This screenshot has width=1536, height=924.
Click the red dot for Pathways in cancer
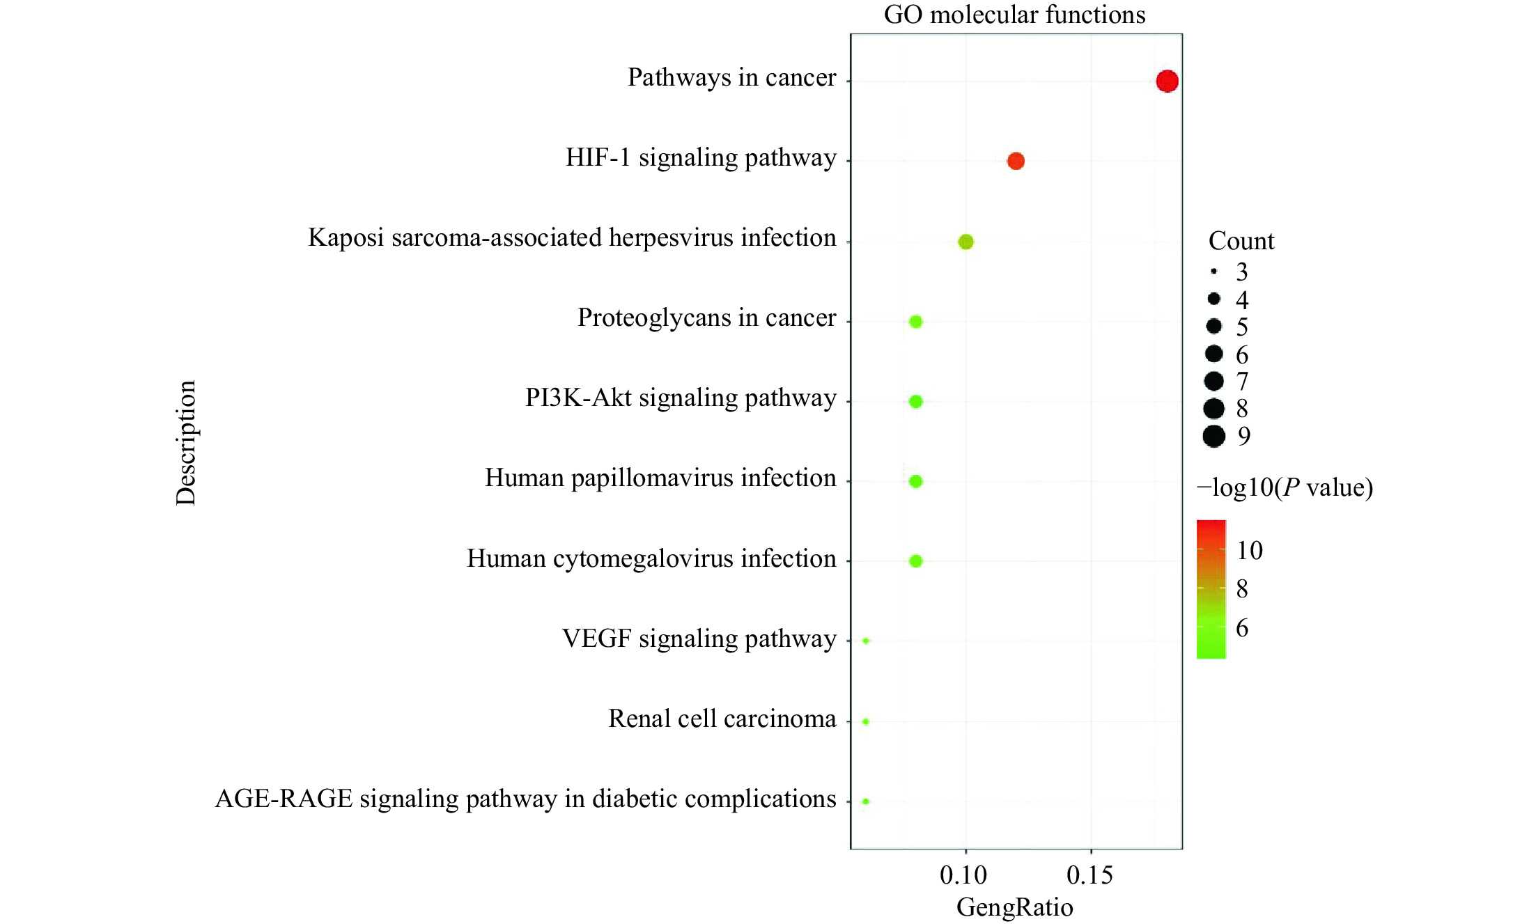pos(1167,81)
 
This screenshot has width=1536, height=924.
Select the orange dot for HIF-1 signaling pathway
pos(1016,161)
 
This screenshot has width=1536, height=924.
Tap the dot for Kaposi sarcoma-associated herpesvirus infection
pos(965,242)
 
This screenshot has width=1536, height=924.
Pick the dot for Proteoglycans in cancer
pos(916,322)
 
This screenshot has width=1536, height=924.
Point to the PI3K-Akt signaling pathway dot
pos(916,401)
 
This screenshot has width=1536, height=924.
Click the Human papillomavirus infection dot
pos(916,481)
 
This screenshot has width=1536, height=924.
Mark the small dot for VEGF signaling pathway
pos(866,641)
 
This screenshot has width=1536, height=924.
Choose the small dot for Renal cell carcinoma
pos(866,721)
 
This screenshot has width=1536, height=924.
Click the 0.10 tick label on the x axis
pos(963,875)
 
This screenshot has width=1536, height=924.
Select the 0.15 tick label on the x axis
pos(1090,875)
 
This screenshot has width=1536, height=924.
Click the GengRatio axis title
pos(1014,907)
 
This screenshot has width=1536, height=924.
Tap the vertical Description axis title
pos(186,443)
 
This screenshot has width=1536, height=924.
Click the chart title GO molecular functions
pos(1014,15)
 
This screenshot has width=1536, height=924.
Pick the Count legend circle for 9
pos(1213,436)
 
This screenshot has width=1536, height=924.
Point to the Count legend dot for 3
pos(1213,271)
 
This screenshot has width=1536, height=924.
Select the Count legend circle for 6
pos(1213,354)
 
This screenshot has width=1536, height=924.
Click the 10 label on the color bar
pos(1250,550)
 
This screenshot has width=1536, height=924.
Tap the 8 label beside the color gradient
pos(1242,589)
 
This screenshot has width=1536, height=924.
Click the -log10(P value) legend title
pos(1285,487)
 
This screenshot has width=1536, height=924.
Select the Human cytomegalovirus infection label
pos(651,558)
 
